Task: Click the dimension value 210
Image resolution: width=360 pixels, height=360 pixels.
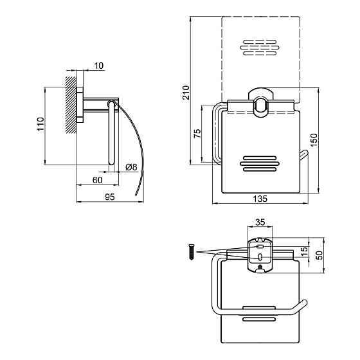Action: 186,93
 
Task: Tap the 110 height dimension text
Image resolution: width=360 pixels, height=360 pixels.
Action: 40,124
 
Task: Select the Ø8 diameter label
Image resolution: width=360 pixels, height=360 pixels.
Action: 132,167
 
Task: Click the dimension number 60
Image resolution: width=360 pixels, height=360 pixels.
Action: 97,180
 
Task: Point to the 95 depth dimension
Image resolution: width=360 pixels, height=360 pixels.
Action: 109,197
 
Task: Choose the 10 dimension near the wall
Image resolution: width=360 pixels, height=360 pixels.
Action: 99,66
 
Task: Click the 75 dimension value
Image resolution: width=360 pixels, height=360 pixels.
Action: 197,134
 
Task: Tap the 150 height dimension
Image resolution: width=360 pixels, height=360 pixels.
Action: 314,140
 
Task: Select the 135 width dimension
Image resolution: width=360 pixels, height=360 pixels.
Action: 260,199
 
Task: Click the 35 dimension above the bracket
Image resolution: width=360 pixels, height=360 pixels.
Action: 260,222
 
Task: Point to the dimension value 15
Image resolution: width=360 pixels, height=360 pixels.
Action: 305,252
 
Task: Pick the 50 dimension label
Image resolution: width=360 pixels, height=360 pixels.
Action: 319,255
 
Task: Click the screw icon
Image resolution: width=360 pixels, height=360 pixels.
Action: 192,252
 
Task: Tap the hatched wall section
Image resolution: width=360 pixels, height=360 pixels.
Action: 71,105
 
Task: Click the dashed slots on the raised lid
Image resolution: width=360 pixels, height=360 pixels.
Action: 260,48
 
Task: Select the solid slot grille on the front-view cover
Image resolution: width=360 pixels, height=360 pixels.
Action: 260,164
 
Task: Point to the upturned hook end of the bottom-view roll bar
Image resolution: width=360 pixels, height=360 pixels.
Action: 303,305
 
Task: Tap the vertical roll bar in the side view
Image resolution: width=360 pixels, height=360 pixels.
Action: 111,132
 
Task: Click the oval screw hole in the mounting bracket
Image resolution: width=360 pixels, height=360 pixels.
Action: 260,257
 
